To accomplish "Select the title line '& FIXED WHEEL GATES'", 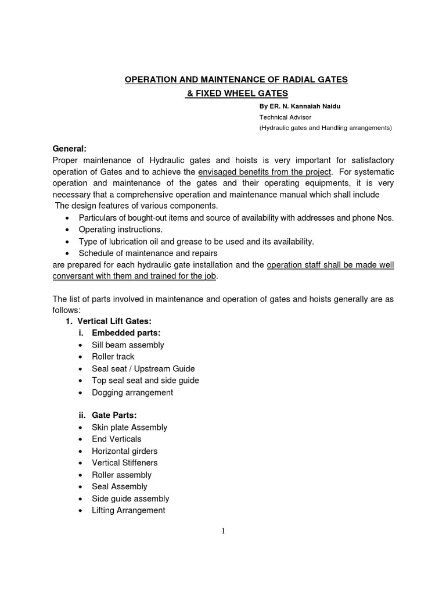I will click(236, 94).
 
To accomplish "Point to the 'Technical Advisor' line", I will click(285, 117).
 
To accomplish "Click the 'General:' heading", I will click(69, 149).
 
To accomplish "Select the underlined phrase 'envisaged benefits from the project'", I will click(265, 172).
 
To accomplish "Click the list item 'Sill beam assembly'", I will click(128, 345).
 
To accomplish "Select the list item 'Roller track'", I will click(113, 357).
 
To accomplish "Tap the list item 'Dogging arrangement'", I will click(132, 392).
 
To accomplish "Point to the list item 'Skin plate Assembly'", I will click(130, 427).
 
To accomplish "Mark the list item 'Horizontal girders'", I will click(125, 451).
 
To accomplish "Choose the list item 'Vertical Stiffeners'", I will click(125, 463).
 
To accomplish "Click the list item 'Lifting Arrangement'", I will click(128, 510).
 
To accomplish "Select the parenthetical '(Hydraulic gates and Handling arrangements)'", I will click(326, 127).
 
